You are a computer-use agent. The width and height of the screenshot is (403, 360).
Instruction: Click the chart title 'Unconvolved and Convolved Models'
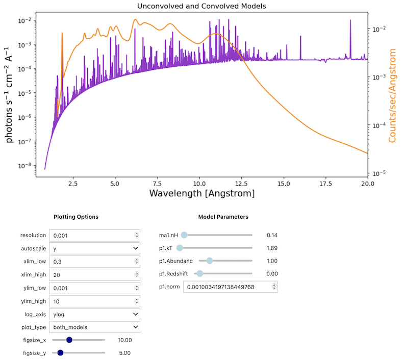202,6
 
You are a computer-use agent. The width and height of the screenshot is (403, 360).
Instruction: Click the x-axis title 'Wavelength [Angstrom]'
202,194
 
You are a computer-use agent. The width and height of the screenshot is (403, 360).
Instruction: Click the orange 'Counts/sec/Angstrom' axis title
393,95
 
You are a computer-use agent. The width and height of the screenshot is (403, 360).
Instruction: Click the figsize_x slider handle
69,340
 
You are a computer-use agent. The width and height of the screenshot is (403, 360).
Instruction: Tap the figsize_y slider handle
60,352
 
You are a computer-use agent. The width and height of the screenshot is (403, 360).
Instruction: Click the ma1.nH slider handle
185,235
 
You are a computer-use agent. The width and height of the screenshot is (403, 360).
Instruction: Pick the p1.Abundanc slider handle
209,261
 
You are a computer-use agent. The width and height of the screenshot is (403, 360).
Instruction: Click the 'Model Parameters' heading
223,217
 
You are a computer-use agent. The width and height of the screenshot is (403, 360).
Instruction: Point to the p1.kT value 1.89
272,248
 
